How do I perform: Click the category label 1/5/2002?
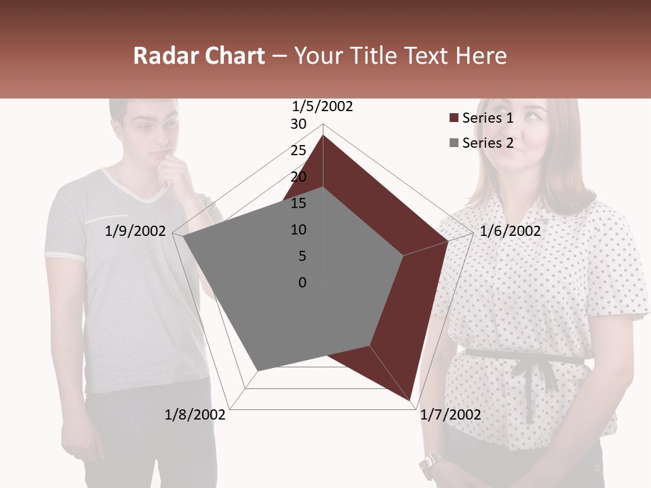323,106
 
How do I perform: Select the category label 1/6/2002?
510,231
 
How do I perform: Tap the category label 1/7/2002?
450,415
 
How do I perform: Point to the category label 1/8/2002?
195,415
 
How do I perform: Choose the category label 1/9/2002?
136,231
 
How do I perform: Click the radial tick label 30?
298,124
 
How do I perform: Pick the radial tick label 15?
298,203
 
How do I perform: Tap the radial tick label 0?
302,283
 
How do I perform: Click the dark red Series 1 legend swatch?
454,119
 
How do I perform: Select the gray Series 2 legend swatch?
454,143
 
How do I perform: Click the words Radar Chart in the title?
199,56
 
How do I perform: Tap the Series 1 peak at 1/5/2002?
323,136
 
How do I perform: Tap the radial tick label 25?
298,150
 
